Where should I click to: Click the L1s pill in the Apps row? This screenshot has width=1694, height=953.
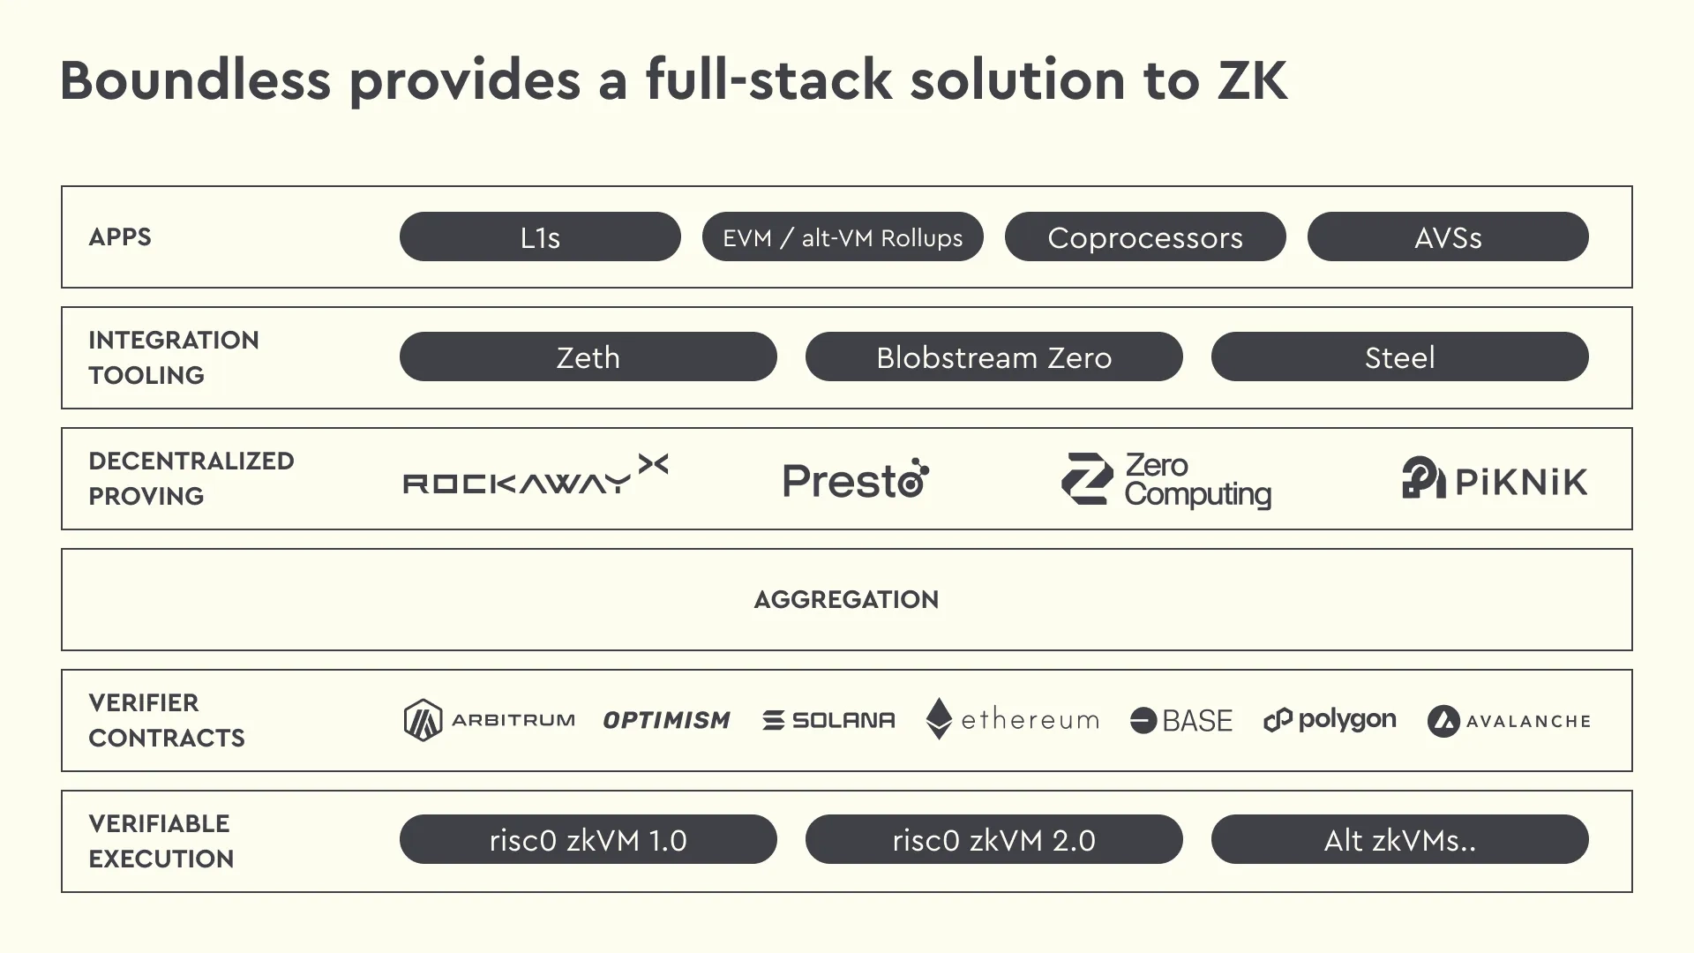(x=540, y=237)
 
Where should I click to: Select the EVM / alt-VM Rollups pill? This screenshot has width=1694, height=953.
(x=843, y=237)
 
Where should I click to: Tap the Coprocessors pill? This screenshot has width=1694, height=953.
(x=1145, y=237)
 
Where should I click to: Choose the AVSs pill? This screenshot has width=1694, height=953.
(x=1448, y=237)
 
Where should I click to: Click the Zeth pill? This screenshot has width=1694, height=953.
(x=588, y=357)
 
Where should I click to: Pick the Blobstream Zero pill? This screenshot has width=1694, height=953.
(x=993, y=357)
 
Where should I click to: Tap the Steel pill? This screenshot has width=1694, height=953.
(x=1399, y=357)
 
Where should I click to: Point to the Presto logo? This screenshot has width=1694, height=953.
(x=855, y=480)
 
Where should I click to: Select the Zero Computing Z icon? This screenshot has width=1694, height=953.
(x=1087, y=479)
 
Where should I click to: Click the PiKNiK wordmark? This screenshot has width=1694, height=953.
(x=1520, y=482)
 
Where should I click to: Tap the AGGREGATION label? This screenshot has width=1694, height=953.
(x=846, y=600)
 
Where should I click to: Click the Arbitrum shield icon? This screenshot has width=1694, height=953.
(x=423, y=720)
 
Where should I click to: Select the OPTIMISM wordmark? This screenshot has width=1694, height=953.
(x=667, y=721)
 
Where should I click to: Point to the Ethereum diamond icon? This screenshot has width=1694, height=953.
(x=939, y=718)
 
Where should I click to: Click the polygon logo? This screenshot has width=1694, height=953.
(x=1330, y=720)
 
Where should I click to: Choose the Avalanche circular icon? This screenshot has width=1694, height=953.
(x=1443, y=721)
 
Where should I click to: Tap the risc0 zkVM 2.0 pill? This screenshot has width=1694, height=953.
(x=993, y=840)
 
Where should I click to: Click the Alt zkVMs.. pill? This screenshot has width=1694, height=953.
(x=1399, y=840)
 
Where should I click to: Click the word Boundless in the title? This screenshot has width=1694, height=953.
(x=195, y=80)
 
